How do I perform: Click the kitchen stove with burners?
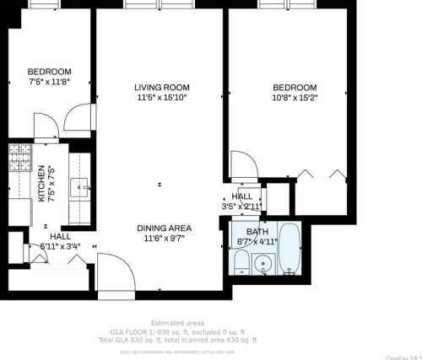pyautogui.click(x=19, y=156)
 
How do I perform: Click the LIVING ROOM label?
pyautogui.click(x=161, y=88)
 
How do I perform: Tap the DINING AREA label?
pyautogui.click(x=164, y=228)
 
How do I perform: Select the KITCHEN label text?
pyautogui.click(x=41, y=185)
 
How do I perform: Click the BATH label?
pyautogui.click(x=257, y=232)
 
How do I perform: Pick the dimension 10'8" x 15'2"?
pyautogui.click(x=295, y=98)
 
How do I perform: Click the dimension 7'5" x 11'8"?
pyautogui.click(x=49, y=82)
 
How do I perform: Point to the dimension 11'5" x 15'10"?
pyautogui.click(x=161, y=98)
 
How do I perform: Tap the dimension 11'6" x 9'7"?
pyautogui.click(x=164, y=239)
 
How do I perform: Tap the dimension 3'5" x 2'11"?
pyautogui.click(x=243, y=206)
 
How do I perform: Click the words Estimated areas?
pyautogui.click(x=178, y=323)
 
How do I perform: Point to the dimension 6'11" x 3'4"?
pyautogui.click(x=59, y=246)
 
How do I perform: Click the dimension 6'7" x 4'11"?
pyautogui.click(x=257, y=242)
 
